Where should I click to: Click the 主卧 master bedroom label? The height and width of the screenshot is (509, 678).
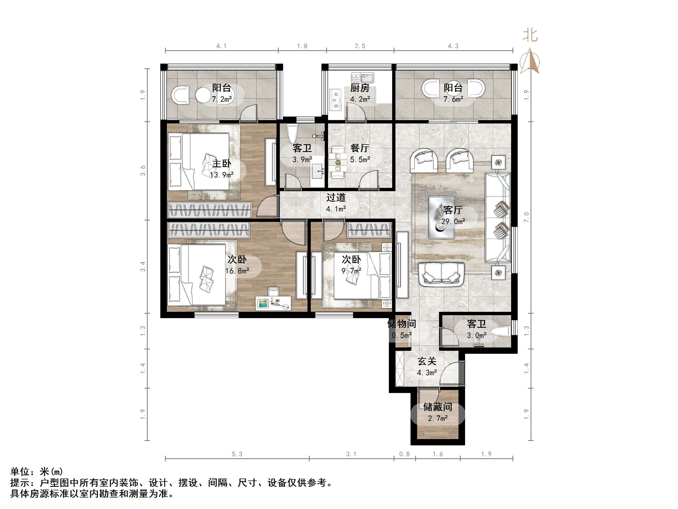coord(222,163)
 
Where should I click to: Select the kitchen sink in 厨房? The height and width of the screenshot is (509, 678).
coord(363,78)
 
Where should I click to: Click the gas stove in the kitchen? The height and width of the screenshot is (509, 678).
coord(336,99)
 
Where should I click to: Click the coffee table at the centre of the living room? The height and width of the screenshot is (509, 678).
coord(441,217)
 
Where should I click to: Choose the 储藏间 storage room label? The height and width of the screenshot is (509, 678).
coord(437,407)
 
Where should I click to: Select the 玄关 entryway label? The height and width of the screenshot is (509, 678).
coord(427,361)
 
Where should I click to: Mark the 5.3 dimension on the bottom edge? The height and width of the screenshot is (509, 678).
coord(237,454)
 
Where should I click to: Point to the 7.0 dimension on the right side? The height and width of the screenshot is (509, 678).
coord(526,217)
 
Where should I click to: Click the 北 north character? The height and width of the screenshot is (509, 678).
coord(530,35)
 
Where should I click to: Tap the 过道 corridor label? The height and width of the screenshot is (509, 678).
coord(336,197)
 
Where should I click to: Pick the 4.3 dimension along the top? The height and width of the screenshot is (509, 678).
coord(453,46)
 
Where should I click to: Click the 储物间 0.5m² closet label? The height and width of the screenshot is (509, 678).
coord(401,324)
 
